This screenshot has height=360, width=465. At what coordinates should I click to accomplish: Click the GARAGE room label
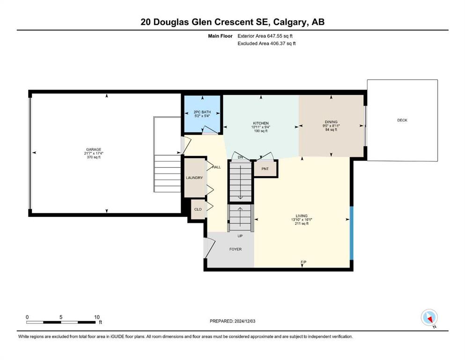coord(94,150)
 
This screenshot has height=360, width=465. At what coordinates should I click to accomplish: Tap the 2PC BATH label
coord(202,112)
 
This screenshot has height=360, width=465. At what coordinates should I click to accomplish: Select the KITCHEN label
coord(261,123)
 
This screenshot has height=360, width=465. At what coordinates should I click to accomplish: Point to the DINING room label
coord(331,122)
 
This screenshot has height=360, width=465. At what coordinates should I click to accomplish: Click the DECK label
coord(402,120)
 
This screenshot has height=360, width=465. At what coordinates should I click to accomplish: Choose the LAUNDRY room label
coord(194,178)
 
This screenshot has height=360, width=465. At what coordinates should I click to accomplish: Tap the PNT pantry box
coord(266,169)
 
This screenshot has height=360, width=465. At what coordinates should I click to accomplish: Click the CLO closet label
coord(198,209)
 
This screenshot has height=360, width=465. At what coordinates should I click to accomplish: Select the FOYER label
coord(236,249)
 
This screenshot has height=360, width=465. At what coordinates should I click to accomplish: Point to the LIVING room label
coord(302,216)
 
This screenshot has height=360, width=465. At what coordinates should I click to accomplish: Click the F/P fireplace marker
coord(303,262)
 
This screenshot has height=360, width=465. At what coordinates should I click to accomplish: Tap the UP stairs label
coord(240,236)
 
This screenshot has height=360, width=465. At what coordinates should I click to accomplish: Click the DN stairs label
coord(240,157)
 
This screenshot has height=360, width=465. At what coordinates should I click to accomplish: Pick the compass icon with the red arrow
coord(429,318)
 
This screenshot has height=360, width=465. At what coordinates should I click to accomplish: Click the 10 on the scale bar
coord(96,317)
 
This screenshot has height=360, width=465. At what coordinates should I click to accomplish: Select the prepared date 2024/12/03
coord(244,321)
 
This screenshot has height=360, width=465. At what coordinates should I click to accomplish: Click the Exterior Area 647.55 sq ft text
coord(265,36)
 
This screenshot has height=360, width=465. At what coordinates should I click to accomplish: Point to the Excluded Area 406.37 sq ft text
coord(266,43)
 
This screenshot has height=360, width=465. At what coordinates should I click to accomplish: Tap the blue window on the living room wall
coord(352,233)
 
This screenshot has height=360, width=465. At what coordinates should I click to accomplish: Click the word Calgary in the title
coord(290,22)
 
